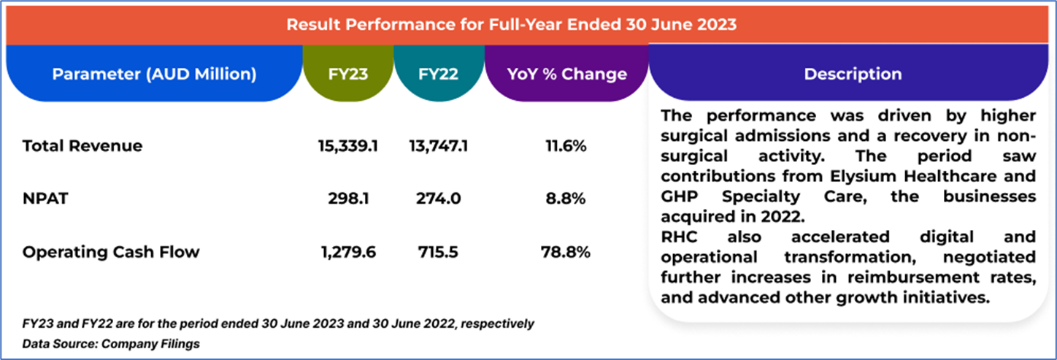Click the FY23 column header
pyautogui.click(x=348, y=74)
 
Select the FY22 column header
pyautogui.click(x=438, y=74)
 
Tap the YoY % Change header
pyautogui.click(x=566, y=74)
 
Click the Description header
pyautogui.click(x=852, y=74)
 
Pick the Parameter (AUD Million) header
pyautogui.click(x=154, y=74)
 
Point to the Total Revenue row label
pyautogui.click(x=82, y=145)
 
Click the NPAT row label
pyautogui.click(x=45, y=199)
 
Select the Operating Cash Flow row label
pyautogui.click(x=111, y=252)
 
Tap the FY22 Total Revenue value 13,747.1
pyautogui.click(x=438, y=145)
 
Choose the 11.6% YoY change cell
pyautogui.click(x=566, y=145)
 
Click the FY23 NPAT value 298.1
pyautogui.click(x=347, y=199)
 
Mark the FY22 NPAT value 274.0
pyautogui.click(x=438, y=199)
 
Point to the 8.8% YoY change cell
pyautogui.click(x=566, y=199)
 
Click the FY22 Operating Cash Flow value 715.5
pyautogui.click(x=438, y=252)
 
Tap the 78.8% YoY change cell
pyautogui.click(x=566, y=252)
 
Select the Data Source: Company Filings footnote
pyautogui.click(x=111, y=342)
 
